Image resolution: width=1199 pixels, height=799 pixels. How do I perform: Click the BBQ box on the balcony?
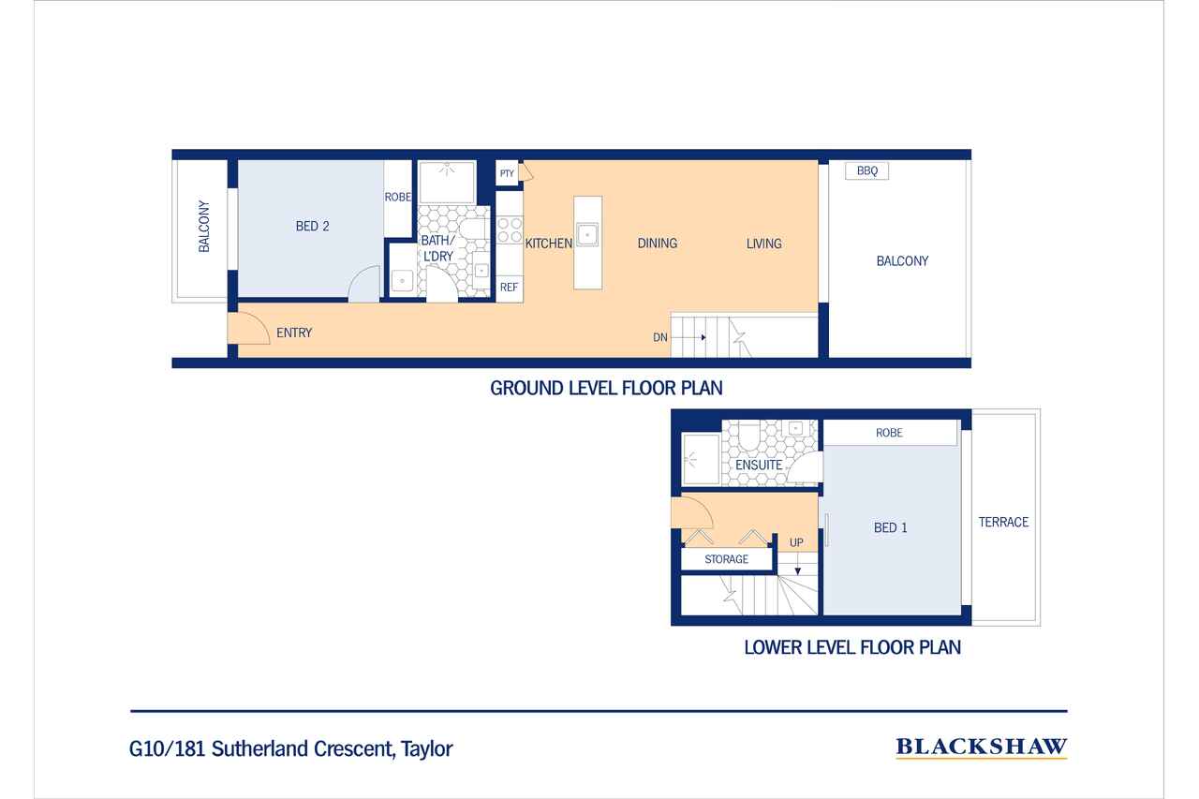(866, 170)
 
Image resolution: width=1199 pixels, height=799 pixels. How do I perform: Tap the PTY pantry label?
(507, 173)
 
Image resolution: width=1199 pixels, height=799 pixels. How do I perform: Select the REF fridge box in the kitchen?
(509, 288)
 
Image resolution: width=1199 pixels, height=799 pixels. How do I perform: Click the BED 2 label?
(312, 227)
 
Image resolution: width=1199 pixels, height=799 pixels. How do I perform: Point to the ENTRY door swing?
(248, 328)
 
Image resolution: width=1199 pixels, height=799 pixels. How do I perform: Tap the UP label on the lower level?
(796, 542)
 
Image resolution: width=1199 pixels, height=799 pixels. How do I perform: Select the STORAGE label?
(726, 559)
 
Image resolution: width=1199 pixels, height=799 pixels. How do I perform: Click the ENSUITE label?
(759, 465)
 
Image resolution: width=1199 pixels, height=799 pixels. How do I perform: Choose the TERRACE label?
(1003, 523)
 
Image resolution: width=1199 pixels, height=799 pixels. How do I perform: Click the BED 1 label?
(890, 527)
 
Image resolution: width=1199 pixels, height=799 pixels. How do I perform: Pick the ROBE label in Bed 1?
(889, 433)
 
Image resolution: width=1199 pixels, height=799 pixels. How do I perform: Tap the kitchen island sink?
(587, 234)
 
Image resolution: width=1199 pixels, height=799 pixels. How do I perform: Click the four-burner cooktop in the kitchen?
(510, 229)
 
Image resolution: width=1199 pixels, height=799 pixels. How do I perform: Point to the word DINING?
(657, 244)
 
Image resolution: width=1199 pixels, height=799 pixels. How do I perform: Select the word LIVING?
(763, 244)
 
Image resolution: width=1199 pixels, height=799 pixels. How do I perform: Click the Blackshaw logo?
(981, 747)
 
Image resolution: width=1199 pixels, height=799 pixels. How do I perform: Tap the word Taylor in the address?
(427, 749)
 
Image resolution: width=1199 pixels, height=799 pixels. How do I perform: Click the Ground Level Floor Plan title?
(606, 388)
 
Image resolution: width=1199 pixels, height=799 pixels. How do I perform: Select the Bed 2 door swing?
(364, 284)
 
